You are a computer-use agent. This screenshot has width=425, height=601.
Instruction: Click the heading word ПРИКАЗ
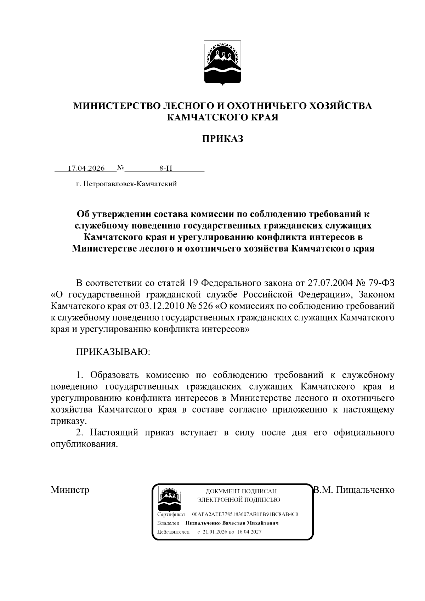coord(222,139)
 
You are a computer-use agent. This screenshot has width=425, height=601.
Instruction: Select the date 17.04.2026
coord(86,169)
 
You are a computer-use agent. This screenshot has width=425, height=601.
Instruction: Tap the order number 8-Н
coord(165,169)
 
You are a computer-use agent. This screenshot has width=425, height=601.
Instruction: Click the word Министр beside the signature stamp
coord(70,490)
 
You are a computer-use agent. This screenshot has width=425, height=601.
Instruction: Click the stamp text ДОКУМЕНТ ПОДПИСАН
coord(241,492)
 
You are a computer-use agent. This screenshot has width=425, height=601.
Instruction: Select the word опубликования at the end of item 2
coord(84,444)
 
